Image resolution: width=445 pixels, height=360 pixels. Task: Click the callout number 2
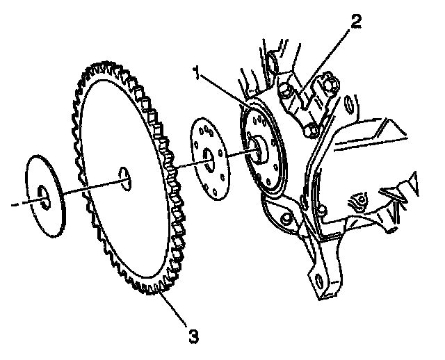355,22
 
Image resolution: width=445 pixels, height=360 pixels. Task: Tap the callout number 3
193,337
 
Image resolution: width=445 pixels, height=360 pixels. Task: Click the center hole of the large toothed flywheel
124,177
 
